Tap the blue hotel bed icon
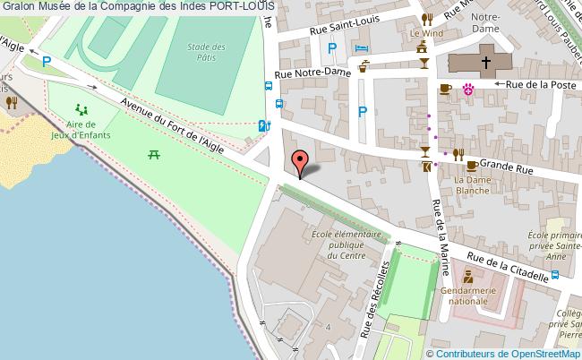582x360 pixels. [x=361, y=47]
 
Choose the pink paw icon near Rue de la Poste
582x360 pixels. [x=467, y=88]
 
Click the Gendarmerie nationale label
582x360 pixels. [x=476, y=296]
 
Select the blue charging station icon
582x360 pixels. [x=262, y=126]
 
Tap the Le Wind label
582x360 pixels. [x=427, y=34]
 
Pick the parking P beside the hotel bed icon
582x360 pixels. [x=332, y=49]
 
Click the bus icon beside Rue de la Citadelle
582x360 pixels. [x=555, y=274]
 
